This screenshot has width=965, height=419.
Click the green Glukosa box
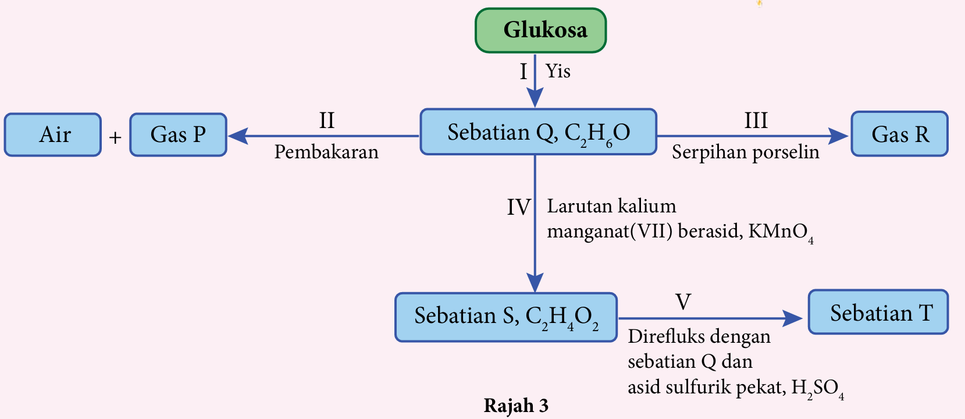point(540,30)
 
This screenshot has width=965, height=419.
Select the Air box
point(53,135)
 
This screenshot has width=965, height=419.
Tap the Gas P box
point(178,135)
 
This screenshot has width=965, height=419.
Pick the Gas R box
point(899,134)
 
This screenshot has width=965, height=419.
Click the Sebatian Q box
point(538,132)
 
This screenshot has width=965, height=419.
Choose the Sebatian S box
point(505,317)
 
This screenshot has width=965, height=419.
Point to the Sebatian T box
point(878,313)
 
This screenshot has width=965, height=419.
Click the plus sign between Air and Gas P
point(115,138)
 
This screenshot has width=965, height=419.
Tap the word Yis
point(558,71)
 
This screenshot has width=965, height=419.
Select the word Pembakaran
point(326,152)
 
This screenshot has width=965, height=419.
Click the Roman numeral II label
point(327,120)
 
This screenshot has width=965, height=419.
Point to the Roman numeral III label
point(756,120)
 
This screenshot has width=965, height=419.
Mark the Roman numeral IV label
point(518,207)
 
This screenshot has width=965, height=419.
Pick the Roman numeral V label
point(683,302)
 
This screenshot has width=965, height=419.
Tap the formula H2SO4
point(817,388)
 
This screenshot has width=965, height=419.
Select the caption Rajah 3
point(516,406)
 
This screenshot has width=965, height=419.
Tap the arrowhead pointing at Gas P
point(237,136)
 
